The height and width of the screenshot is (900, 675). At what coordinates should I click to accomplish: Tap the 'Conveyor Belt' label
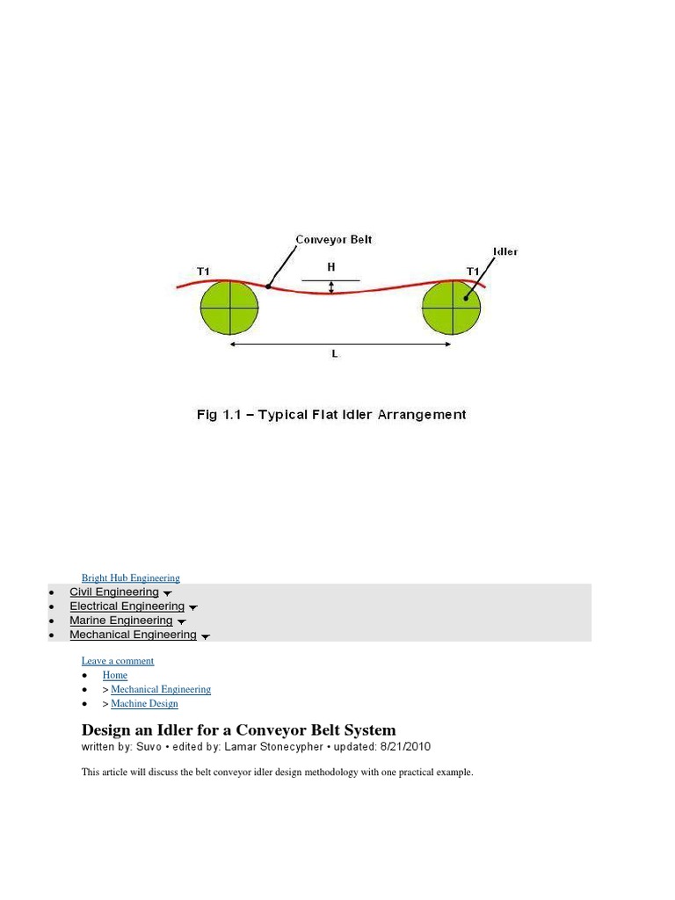pos(333,239)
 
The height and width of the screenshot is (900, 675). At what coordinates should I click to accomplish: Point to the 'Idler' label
pos(505,251)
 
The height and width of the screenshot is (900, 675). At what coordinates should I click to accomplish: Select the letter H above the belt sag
pos(331,266)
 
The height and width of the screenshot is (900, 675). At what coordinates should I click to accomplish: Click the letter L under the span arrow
pos(335,354)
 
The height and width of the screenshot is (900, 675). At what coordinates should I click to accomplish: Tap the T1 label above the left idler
pos(204,272)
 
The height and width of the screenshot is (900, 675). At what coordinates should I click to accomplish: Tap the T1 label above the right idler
pos(473,272)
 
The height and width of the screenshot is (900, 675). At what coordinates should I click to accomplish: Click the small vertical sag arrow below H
pos(331,287)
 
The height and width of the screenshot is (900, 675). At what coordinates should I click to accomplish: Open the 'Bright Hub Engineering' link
pos(131,578)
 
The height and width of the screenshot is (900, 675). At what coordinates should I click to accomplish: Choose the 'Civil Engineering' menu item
pos(114,592)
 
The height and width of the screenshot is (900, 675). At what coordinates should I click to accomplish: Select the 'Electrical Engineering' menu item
pos(127,606)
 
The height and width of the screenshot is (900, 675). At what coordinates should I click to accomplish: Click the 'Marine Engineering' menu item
pos(121,621)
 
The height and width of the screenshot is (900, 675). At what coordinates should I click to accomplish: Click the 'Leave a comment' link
pos(118,661)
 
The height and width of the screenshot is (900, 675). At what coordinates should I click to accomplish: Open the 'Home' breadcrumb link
pos(115,675)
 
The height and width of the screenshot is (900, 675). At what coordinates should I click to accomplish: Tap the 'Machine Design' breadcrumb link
pos(144,703)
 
